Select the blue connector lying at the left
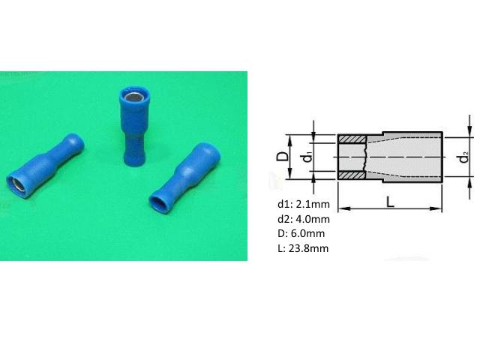point(44,166)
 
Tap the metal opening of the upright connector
point(130,97)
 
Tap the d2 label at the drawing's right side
point(466,157)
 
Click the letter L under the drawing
point(390,201)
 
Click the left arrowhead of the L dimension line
point(341,208)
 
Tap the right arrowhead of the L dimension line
point(439,208)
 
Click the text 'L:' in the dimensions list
point(281,248)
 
